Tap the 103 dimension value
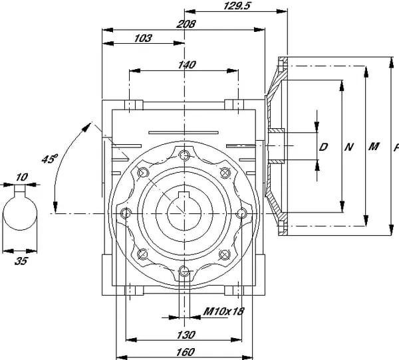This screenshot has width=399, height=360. point(143,39)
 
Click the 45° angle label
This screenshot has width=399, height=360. point(49,159)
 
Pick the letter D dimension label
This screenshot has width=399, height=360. point(323,147)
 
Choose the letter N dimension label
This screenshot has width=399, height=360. point(348,147)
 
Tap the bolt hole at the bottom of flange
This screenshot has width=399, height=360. point(184,270)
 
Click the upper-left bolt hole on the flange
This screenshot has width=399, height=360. point(142,173)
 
